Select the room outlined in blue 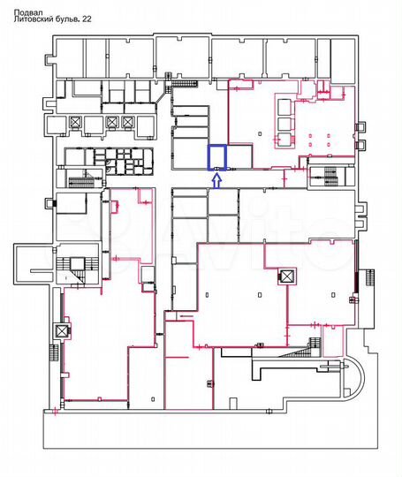(x=216, y=157)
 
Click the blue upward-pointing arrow (x=216, y=181)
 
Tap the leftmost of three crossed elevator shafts (x=76, y=122)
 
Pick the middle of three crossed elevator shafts (x=112, y=122)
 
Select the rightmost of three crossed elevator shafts (x=129, y=122)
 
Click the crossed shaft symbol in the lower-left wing (x=61, y=332)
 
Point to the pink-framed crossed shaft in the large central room (x=285, y=276)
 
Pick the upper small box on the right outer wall (x=360, y=212)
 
